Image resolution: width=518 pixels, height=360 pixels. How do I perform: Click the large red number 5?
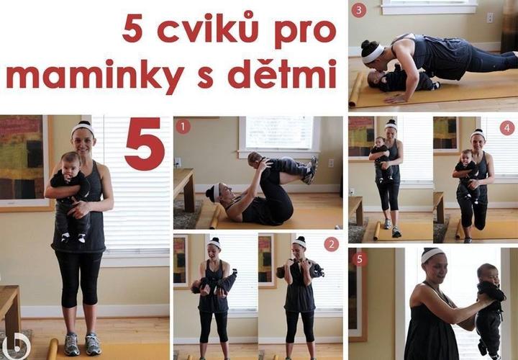point(145,144)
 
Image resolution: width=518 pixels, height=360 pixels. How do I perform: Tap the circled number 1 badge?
point(183,126)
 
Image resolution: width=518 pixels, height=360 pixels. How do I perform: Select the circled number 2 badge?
point(332,244)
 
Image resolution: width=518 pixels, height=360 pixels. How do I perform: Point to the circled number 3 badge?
point(359,10)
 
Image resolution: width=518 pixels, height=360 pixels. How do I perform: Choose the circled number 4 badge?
point(507,128)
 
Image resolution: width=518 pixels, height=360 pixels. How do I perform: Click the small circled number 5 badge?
point(360,259)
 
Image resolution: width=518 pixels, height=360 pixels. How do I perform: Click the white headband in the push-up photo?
point(373,54)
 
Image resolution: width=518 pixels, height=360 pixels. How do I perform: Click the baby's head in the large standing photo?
point(70,163)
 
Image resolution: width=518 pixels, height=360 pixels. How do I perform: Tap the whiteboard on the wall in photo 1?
point(279,132)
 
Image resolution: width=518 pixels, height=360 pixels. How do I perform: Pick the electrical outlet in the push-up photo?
point(490,18)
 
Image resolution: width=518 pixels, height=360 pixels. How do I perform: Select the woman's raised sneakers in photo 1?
point(312,171)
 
